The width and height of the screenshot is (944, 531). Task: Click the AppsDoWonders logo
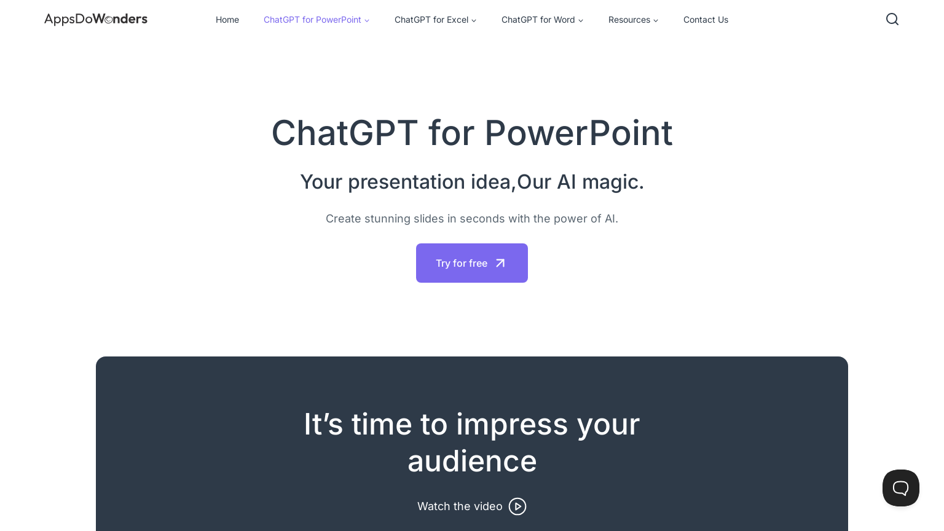click(96, 19)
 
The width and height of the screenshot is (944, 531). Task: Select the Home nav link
click(227, 20)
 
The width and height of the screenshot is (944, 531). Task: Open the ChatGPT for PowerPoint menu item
click(312, 20)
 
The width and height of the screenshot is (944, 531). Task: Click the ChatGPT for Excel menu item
click(431, 20)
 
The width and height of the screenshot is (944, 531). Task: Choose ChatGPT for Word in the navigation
click(538, 20)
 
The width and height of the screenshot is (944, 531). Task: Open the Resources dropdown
click(629, 20)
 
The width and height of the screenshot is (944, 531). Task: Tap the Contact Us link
click(706, 20)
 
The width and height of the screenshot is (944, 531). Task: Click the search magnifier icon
click(892, 19)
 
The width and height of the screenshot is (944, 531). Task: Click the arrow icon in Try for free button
click(500, 263)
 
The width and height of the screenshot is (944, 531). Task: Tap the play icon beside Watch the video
click(517, 506)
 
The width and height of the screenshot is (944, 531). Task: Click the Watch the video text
click(460, 506)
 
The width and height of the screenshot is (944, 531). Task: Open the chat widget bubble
click(901, 488)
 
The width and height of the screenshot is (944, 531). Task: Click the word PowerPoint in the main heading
click(578, 133)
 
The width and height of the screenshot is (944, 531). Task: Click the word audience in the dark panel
click(472, 462)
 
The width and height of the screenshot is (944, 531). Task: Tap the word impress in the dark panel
click(512, 425)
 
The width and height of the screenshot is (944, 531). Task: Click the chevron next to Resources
click(656, 20)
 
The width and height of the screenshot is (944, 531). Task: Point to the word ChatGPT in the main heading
click(345, 133)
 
